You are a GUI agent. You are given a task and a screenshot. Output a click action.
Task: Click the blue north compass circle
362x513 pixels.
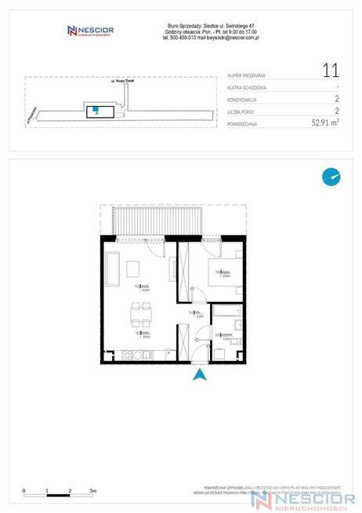(x=331, y=177)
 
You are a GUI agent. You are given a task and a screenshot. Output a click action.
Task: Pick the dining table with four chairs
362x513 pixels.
(x=141, y=318)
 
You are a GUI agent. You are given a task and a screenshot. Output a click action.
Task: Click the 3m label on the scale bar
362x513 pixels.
(x=93, y=490)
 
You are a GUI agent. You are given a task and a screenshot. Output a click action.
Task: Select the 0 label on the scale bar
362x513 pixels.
(x=24, y=490)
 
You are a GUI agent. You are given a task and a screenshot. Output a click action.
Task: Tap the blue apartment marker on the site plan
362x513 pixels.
(x=95, y=110)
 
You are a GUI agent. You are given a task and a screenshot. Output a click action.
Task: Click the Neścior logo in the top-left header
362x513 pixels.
(x=91, y=31)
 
